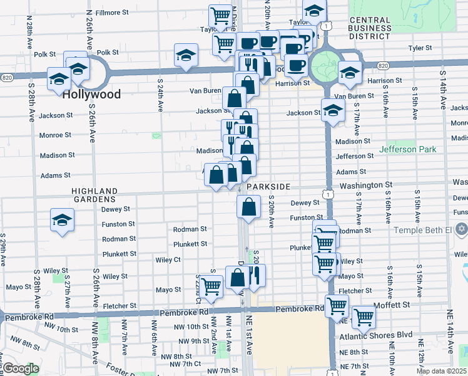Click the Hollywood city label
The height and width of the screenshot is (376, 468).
(91, 95)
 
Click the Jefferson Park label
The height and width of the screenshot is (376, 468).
(407, 150)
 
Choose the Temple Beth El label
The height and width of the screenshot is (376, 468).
(422, 230)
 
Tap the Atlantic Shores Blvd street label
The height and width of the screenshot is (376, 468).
(376, 335)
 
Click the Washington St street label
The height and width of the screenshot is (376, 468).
(365, 185)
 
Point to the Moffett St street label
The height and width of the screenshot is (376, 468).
(392, 305)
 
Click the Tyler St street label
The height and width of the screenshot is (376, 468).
(420, 48)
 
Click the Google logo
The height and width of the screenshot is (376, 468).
(21, 368)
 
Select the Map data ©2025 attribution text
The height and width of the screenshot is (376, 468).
(441, 371)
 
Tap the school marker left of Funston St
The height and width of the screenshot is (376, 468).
(63, 220)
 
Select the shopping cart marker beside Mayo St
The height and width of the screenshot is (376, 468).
(212, 287)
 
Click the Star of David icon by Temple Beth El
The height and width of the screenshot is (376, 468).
(461, 229)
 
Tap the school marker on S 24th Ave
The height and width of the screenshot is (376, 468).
(186, 56)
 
